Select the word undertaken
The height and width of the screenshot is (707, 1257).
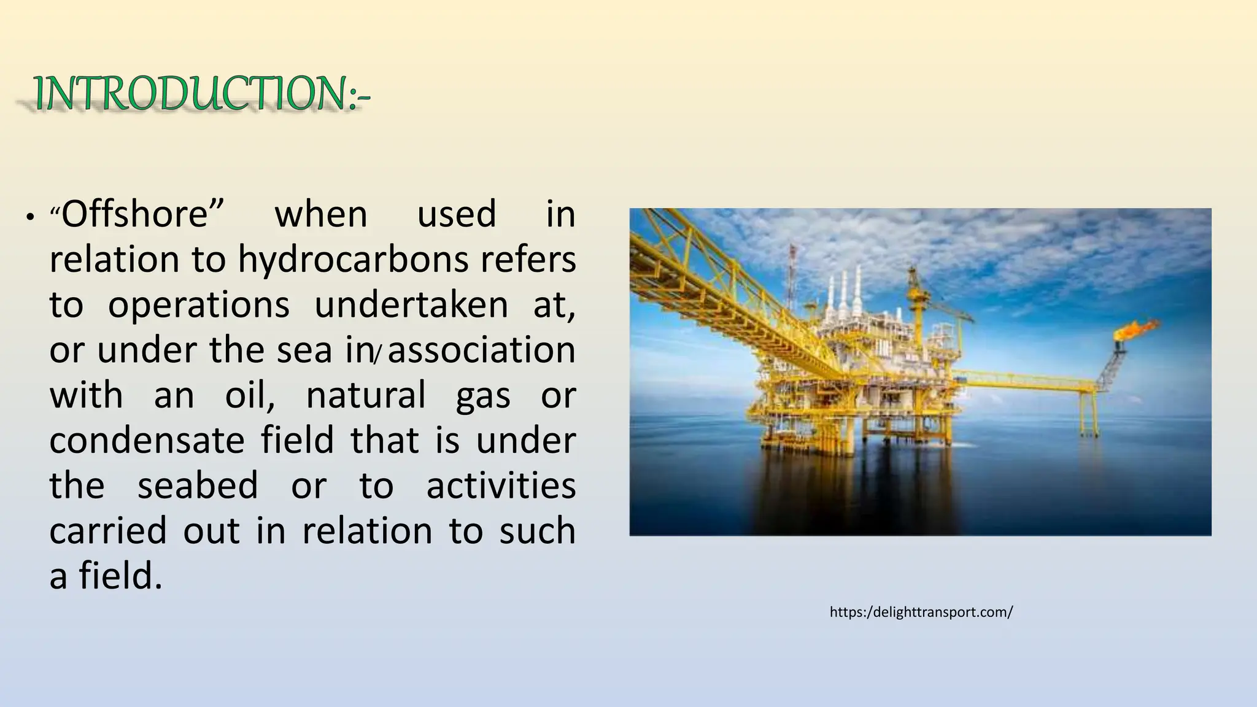411,305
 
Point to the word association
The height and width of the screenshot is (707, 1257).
482,350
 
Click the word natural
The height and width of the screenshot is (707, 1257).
366,395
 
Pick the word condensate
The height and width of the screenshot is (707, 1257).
147,441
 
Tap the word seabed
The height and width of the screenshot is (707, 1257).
198,485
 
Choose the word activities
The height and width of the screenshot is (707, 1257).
501,485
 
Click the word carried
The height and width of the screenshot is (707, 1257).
108,531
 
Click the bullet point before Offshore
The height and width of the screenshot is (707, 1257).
28,218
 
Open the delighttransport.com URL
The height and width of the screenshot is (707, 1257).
921,612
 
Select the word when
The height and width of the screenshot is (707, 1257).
321,214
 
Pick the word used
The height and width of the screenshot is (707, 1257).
457,214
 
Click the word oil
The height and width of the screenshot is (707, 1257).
248,395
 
